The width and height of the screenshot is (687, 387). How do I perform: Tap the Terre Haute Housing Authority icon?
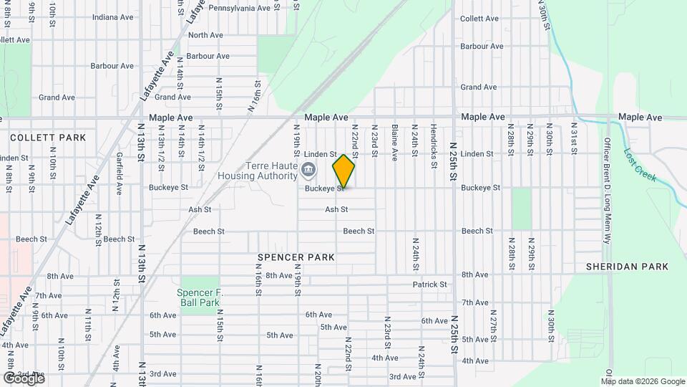[308, 170]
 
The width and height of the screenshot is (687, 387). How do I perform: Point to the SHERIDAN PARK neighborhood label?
[627, 267]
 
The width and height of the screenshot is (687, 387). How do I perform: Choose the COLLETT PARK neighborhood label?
[48, 138]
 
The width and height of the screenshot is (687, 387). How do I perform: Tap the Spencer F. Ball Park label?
[199, 297]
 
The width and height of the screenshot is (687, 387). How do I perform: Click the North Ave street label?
[206, 35]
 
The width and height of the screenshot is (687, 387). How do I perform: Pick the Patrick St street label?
[429, 285]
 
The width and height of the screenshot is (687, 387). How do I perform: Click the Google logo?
[23, 378]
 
